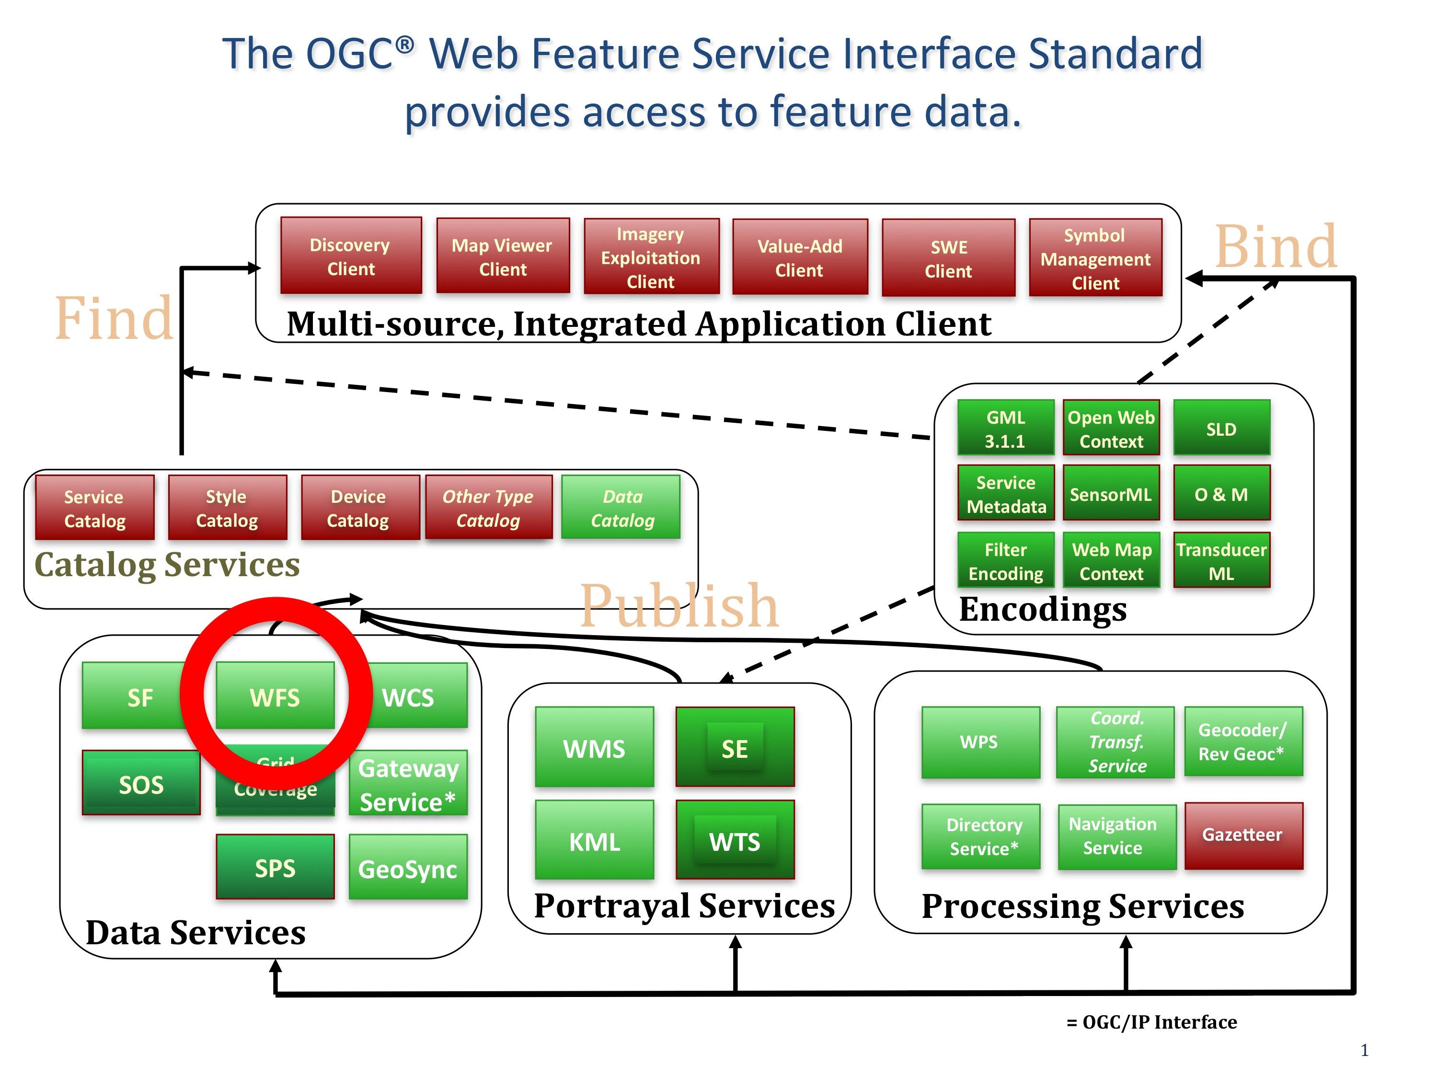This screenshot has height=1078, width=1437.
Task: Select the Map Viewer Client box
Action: click(x=503, y=256)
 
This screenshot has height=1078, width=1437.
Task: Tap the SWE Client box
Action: click(x=948, y=258)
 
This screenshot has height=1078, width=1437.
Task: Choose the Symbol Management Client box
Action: click(x=1095, y=258)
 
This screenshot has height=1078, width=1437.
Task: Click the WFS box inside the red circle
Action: click(x=275, y=696)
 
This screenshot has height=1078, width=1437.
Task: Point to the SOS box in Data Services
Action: click(x=141, y=783)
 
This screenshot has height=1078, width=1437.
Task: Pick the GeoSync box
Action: click(x=408, y=868)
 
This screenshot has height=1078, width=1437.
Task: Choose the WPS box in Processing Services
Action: click(x=980, y=742)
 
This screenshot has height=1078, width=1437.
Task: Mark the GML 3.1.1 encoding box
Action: click(x=1006, y=428)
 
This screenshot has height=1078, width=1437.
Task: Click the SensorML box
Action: click(x=1111, y=493)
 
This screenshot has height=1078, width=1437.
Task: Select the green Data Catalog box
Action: click(x=621, y=508)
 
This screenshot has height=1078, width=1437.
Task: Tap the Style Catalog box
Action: click(x=227, y=508)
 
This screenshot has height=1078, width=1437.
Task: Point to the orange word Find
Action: click(x=115, y=318)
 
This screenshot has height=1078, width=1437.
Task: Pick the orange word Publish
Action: click(x=679, y=605)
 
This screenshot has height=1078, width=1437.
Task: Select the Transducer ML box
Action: click(x=1221, y=560)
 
